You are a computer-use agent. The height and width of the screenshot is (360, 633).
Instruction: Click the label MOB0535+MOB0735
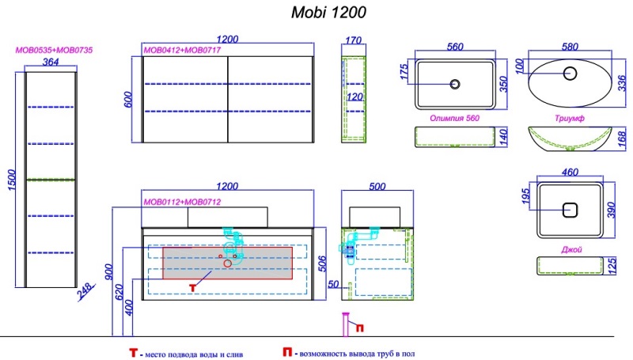coord(55,50)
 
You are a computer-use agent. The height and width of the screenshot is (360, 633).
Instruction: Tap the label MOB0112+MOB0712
coord(181,203)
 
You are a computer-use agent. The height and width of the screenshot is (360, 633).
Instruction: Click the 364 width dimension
coord(50,62)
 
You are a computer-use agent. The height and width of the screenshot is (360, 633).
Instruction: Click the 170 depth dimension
coord(354,41)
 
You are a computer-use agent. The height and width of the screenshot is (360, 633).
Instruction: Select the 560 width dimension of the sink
coord(454,47)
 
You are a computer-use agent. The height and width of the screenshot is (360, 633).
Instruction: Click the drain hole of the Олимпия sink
coord(455,83)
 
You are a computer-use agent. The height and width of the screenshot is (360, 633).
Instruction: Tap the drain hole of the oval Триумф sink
coord(570,74)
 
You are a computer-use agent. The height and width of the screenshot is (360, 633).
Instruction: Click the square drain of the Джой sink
coord(568,210)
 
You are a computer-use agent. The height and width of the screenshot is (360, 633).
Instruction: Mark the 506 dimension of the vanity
coord(323,263)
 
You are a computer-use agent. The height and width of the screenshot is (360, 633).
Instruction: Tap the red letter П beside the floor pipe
coord(358,327)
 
